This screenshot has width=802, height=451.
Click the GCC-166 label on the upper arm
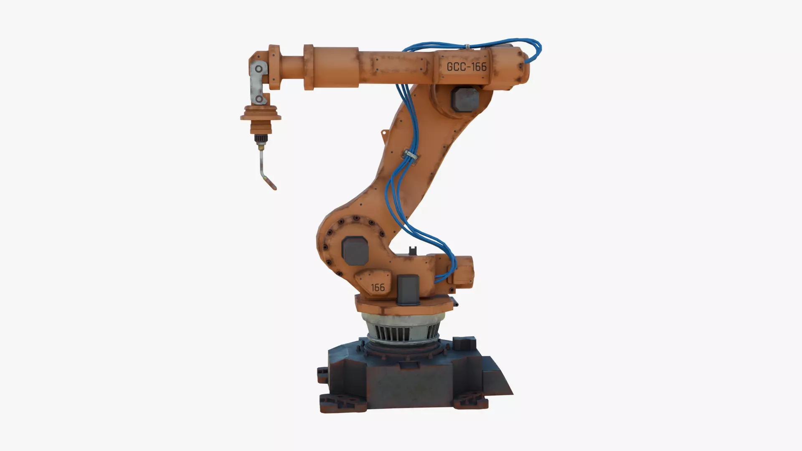click(x=466, y=67)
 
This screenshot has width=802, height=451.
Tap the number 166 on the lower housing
click(x=378, y=287)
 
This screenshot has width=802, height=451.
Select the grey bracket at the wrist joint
click(x=257, y=84)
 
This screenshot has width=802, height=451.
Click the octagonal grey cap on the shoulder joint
click(x=355, y=251)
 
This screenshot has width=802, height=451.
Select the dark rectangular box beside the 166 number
click(x=408, y=289)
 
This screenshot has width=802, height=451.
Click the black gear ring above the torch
click(x=261, y=138)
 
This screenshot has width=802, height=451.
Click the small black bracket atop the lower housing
click(x=413, y=251)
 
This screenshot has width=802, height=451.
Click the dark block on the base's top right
click(x=464, y=344)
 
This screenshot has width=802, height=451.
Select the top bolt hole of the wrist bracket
click(x=259, y=68)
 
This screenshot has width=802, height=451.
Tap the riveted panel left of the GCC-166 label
click(x=401, y=66)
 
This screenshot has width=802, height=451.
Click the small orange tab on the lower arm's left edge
click(x=383, y=133)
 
